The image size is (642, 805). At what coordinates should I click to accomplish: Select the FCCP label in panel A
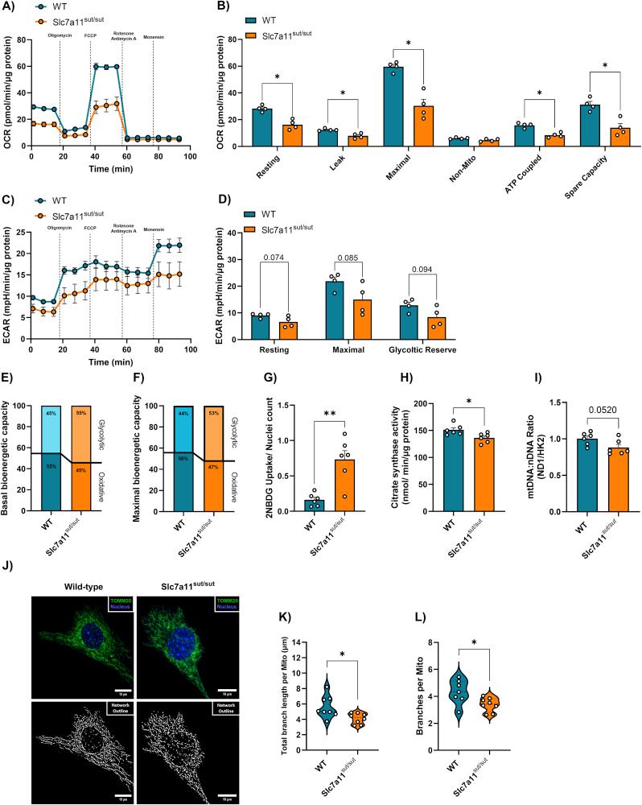tap(90, 37)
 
